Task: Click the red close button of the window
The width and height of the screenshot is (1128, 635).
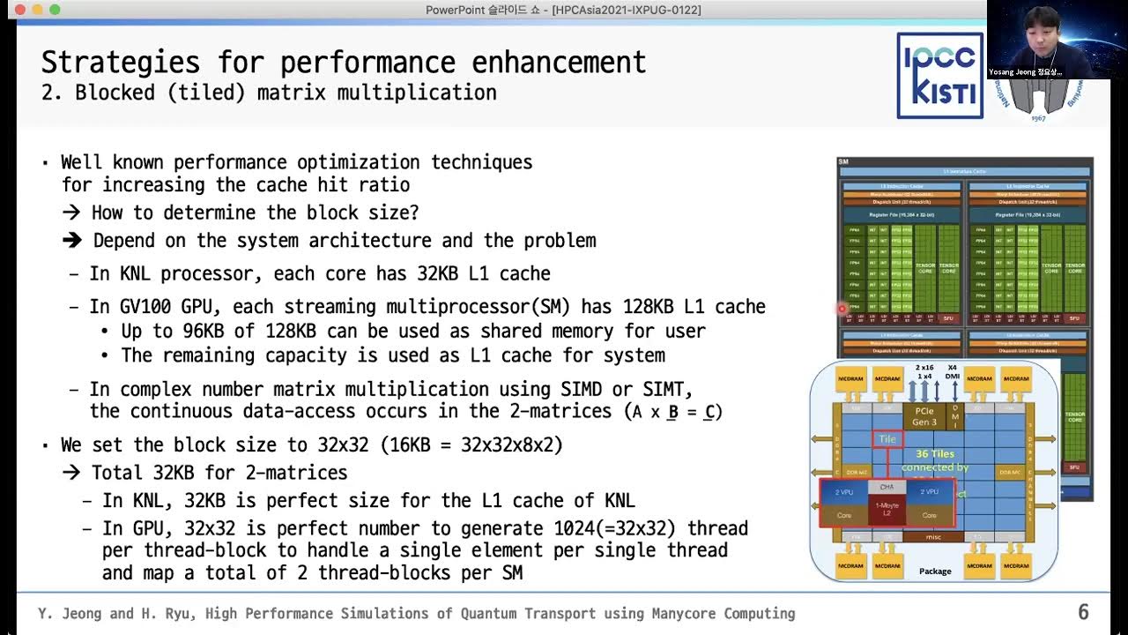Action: click(20, 10)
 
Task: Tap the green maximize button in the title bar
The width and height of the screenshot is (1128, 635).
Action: click(55, 10)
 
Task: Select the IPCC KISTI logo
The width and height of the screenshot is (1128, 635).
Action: click(939, 75)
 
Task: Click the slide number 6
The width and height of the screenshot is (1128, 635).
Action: click(1084, 612)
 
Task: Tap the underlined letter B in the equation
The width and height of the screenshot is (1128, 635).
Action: click(672, 411)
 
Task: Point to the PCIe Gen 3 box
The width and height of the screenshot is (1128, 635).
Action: click(924, 416)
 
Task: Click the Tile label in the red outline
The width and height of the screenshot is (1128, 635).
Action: click(887, 439)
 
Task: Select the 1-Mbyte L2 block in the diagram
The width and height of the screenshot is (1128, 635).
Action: click(887, 509)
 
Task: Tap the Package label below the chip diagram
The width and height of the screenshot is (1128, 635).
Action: click(935, 571)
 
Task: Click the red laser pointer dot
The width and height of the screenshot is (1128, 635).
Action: click(842, 309)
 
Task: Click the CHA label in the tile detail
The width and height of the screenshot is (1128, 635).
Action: click(887, 487)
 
